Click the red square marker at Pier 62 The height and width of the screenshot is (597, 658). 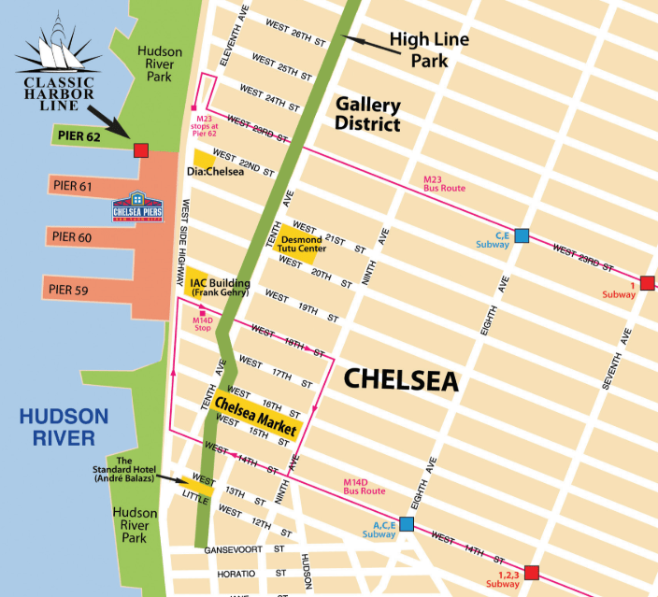pos(141,150)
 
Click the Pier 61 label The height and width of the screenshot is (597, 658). pos(73,187)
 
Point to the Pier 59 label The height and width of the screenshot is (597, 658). pos(68,290)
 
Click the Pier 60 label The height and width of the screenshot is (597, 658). pos(73,237)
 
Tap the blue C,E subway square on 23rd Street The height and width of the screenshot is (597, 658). pos(522,235)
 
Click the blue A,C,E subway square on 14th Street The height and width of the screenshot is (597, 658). pos(407,524)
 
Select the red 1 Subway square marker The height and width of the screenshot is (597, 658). pos(647,283)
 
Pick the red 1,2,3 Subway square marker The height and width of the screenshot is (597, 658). pos(532,572)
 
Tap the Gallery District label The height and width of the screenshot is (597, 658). pos(368,115)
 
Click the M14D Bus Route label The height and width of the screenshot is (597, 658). pos(365,486)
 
